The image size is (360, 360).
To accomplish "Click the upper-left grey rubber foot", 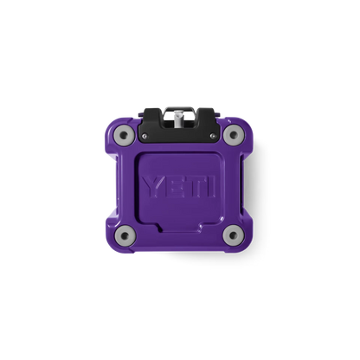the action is [x=125, y=135].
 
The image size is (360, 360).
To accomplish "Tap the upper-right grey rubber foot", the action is [x=234, y=135].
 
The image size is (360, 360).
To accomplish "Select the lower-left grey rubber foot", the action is [x=125, y=235].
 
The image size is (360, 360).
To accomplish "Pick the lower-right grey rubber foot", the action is [x=234, y=235].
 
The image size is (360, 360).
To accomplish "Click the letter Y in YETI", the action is [x=153, y=187].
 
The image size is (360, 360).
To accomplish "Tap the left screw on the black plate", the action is [x=145, y=136].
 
